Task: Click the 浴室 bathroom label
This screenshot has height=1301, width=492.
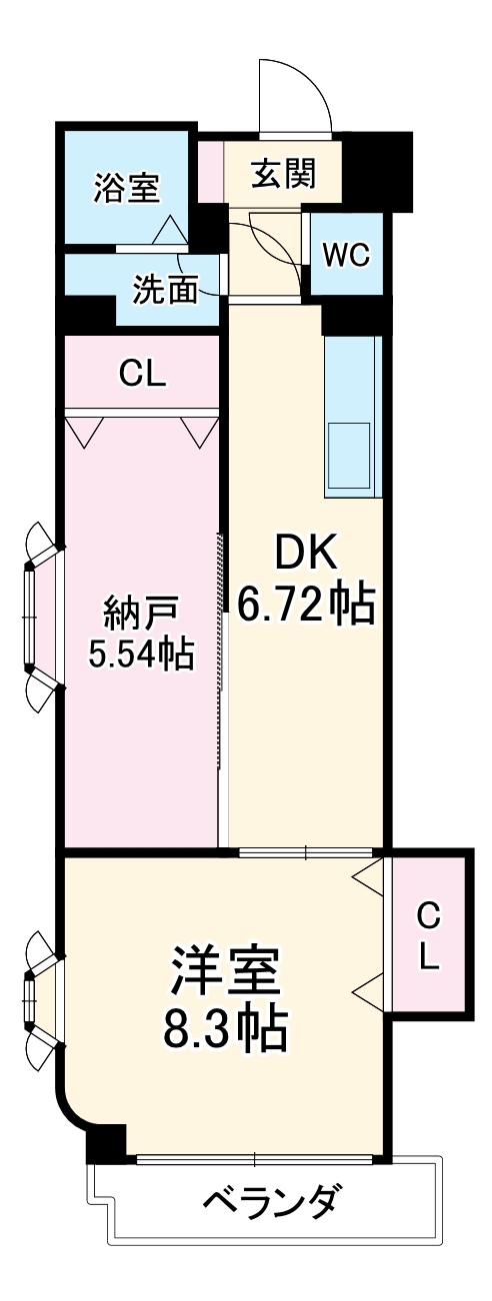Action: tap(126, 188)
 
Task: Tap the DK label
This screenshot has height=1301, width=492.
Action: tap(307, 551)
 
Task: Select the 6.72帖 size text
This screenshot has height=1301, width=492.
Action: tap(307, 605)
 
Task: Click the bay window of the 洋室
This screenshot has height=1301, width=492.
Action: tap(36, 996)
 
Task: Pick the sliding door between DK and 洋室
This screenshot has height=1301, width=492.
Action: tap(306, 852)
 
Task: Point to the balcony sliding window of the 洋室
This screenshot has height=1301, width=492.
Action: tap(255, 1160)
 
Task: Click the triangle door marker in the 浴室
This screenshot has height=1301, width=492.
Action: tap(169, 231)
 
